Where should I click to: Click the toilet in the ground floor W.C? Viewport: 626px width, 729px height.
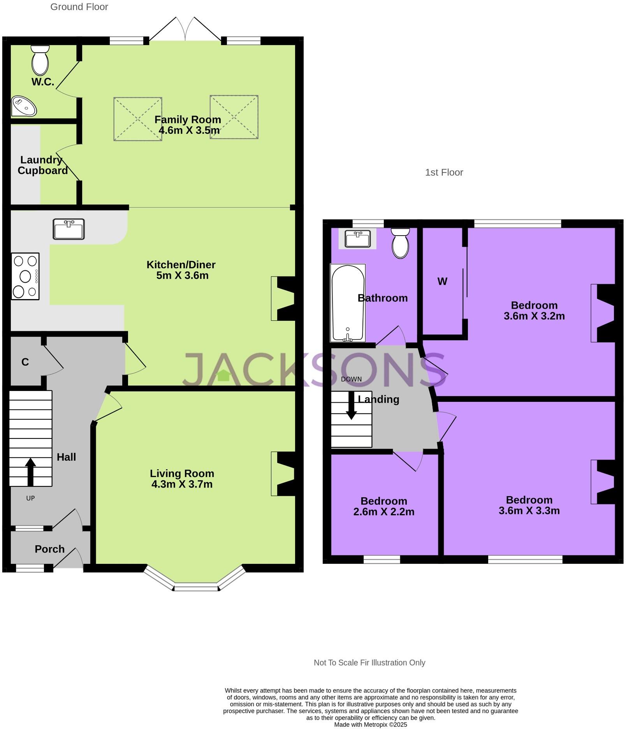[x=40, y=60]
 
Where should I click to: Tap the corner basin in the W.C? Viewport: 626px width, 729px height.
[x=23, y=106]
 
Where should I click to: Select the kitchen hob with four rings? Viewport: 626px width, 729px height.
[x=25, y=276]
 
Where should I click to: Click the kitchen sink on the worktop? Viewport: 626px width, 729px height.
[x=69, y=229]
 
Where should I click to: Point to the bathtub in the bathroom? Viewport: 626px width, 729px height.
[x=347, y=303]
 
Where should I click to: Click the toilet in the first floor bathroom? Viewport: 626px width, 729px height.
[x=400, y=243]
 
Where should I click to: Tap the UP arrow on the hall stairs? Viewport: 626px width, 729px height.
[x=30, y=472]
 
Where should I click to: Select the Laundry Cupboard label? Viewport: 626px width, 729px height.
[x=42, y=165]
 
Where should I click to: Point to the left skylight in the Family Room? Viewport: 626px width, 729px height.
[x=138, y=119]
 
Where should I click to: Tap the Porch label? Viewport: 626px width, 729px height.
[x=49, y=549]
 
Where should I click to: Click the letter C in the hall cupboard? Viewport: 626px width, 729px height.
[x=25, y=362]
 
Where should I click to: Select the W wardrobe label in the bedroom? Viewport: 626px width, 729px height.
[x=442, y=282]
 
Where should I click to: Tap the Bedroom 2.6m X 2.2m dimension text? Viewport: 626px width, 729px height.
[x=383, y=512]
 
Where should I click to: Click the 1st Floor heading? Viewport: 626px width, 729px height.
[x=444, y=173]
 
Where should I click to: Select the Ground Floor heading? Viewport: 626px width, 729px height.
[x=79, y=7]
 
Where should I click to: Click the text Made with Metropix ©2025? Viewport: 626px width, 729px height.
[x=370, y=725]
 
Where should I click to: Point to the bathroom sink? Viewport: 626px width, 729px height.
[x=357, y=239]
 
